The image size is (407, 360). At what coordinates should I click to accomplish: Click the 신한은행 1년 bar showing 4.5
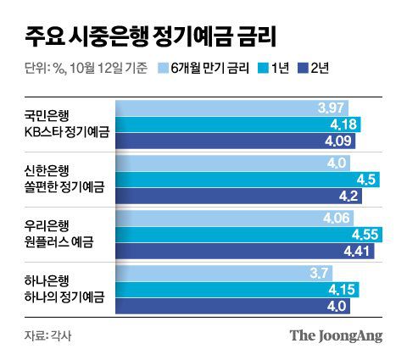click(246, 180)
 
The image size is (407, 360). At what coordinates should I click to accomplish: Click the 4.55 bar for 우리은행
click(246, 234)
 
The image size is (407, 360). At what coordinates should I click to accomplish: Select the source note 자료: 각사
click(41, 335)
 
